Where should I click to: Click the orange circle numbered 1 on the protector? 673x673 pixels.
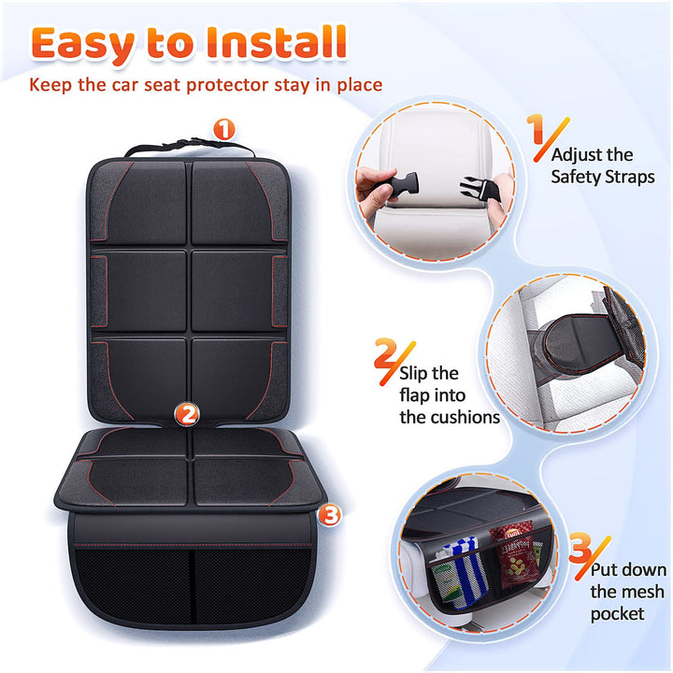click(222, 130)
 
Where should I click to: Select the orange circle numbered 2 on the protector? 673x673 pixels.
click(188, 413)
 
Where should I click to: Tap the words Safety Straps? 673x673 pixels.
click(602, 176)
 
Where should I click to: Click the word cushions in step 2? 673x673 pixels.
click(450, 417)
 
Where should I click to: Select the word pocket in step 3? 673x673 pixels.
click(617, 613)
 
